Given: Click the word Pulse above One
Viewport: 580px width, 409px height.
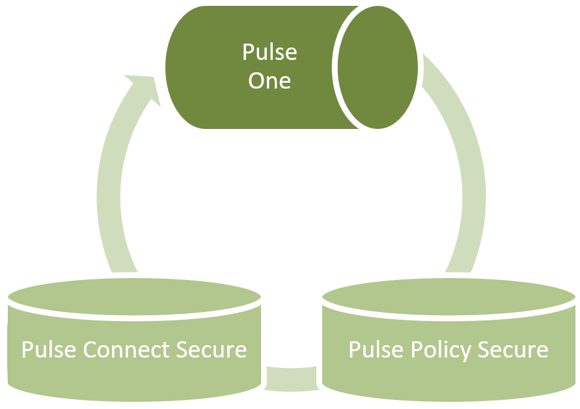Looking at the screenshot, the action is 269,52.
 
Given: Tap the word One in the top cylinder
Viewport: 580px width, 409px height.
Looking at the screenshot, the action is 269,80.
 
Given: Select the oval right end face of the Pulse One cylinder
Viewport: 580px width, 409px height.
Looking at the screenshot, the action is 378,67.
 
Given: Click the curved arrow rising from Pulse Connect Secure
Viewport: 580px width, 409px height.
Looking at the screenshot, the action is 111,178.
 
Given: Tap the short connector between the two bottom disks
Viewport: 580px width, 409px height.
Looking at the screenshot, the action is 291,379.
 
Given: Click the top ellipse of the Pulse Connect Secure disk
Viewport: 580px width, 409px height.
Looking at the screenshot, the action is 134,297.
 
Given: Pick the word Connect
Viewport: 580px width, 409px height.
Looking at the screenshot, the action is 126,349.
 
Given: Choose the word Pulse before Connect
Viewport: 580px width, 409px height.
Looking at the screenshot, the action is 49,349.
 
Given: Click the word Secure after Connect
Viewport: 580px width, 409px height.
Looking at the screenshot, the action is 211,349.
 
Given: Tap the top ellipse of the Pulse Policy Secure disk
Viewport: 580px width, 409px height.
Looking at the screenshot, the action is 449,297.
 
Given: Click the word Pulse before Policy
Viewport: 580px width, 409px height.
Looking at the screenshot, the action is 376,349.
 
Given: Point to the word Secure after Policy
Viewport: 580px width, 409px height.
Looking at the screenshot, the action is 513,349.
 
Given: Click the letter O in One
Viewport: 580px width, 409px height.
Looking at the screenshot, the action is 256,81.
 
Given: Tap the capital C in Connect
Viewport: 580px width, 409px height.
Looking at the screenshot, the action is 90,350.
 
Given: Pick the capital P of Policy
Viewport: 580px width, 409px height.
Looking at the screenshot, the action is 417,350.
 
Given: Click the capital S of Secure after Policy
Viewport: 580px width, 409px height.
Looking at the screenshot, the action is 484,350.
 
